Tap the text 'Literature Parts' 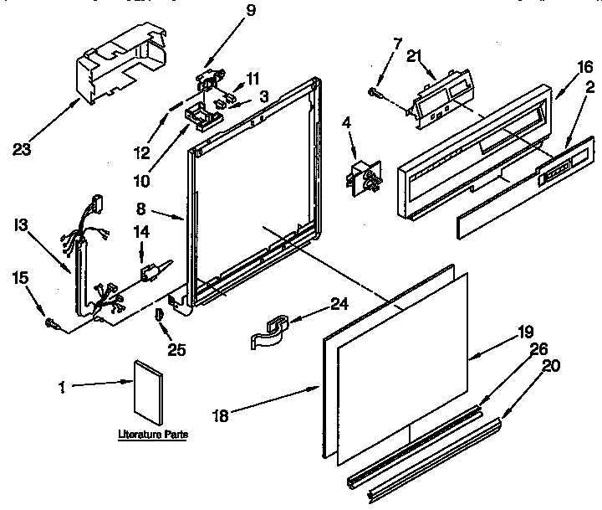click(x=152, y=434)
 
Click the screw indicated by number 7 click(x=374, y=91)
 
